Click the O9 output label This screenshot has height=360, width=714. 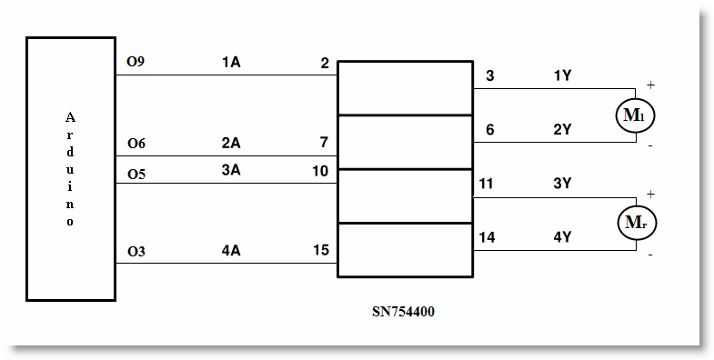click(x=136, y=62)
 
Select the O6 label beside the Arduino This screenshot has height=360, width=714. click(x=136, y=144)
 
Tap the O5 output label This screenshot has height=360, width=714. click(x=136, y=175)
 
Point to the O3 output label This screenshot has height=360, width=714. click(x=136, y=251)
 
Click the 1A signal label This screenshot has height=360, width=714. click(x=231, y=63)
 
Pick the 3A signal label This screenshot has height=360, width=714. click(x=230, y=170)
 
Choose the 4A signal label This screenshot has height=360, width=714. click(x=230, y=251)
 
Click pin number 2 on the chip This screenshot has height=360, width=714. click(x=325, y=64)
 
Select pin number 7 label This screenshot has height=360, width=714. click(x=324, y=143)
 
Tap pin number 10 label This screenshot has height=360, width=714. click(x=320, y=171)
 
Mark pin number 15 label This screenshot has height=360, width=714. click(x=320, y=250)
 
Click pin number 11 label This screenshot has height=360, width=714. click(x=487, y=184)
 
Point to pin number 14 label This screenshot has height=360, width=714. click(x=487, y=237)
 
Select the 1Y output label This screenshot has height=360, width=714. click(x=562, y=76)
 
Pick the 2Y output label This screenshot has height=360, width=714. click(x=562, y=130)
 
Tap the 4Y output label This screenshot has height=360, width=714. click(x=562, y=237)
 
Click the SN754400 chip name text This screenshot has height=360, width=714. click(x=403, y=312)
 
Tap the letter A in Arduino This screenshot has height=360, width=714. click(x=70, y=118)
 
